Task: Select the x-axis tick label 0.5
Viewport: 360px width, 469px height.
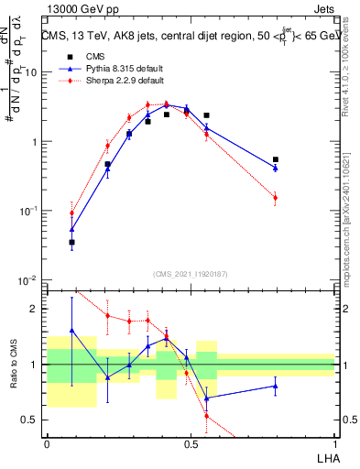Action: point(191,444)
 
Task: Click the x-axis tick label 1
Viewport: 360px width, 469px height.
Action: point(334,444)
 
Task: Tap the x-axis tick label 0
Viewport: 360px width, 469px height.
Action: point(47,444)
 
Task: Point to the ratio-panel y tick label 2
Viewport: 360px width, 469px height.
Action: point(35,310)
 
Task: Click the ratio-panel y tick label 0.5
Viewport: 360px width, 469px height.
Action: point(30,420)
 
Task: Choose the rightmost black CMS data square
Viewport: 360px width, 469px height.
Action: point(275,159)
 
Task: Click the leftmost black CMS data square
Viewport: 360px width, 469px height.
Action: point(71,243)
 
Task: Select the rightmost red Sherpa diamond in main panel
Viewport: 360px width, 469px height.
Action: point(275,198)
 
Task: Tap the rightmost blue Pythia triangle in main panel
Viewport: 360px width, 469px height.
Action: point(275,169)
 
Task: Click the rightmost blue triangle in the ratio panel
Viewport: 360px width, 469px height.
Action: point(275,386)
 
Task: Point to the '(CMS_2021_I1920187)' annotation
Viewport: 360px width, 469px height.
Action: point(191,272)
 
